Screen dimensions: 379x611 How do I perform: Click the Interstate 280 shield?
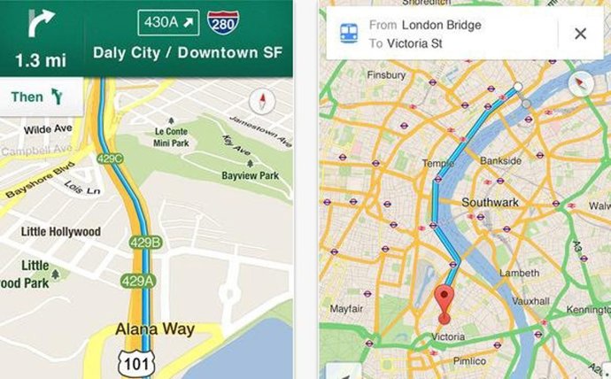(x=221, y=21)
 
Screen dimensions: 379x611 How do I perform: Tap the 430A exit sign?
(x=167, y=21)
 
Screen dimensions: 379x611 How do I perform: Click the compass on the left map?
(x=262, y=101)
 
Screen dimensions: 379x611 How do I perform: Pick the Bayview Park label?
(x=250, y=176)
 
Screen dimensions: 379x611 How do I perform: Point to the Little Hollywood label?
(x=61, y=232)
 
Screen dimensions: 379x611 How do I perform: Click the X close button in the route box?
(x=580, y=34)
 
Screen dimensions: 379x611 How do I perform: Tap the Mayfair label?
(x=346, y=309)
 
